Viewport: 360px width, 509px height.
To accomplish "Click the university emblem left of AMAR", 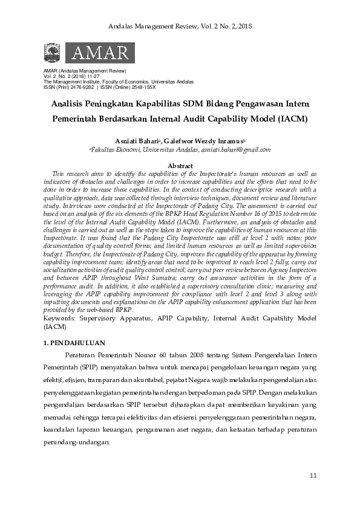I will point(53,54).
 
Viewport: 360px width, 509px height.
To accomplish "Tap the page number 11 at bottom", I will point(313,476).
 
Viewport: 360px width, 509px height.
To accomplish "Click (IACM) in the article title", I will point(290,118).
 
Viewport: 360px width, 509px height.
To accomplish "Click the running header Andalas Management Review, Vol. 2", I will point(180,27).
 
